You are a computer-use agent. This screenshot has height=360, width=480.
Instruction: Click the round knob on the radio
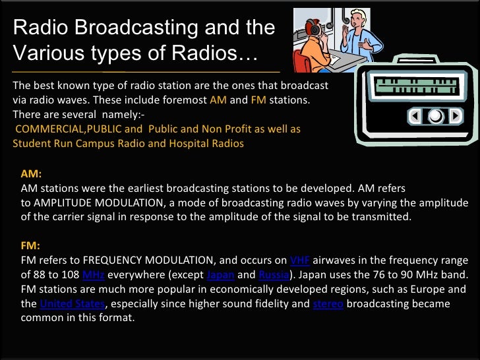click(436, 117)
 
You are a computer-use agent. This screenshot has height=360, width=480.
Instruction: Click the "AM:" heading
click(32, 175)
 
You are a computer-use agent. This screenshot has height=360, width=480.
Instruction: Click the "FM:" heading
click(31, 246)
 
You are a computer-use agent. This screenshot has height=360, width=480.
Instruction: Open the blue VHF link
click(300, 260)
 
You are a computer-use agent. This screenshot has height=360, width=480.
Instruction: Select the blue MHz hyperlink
click(93, 275)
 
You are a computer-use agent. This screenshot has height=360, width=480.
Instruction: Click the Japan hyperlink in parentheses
click(220, 275)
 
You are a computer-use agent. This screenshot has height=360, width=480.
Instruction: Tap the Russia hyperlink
click(272, 275)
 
